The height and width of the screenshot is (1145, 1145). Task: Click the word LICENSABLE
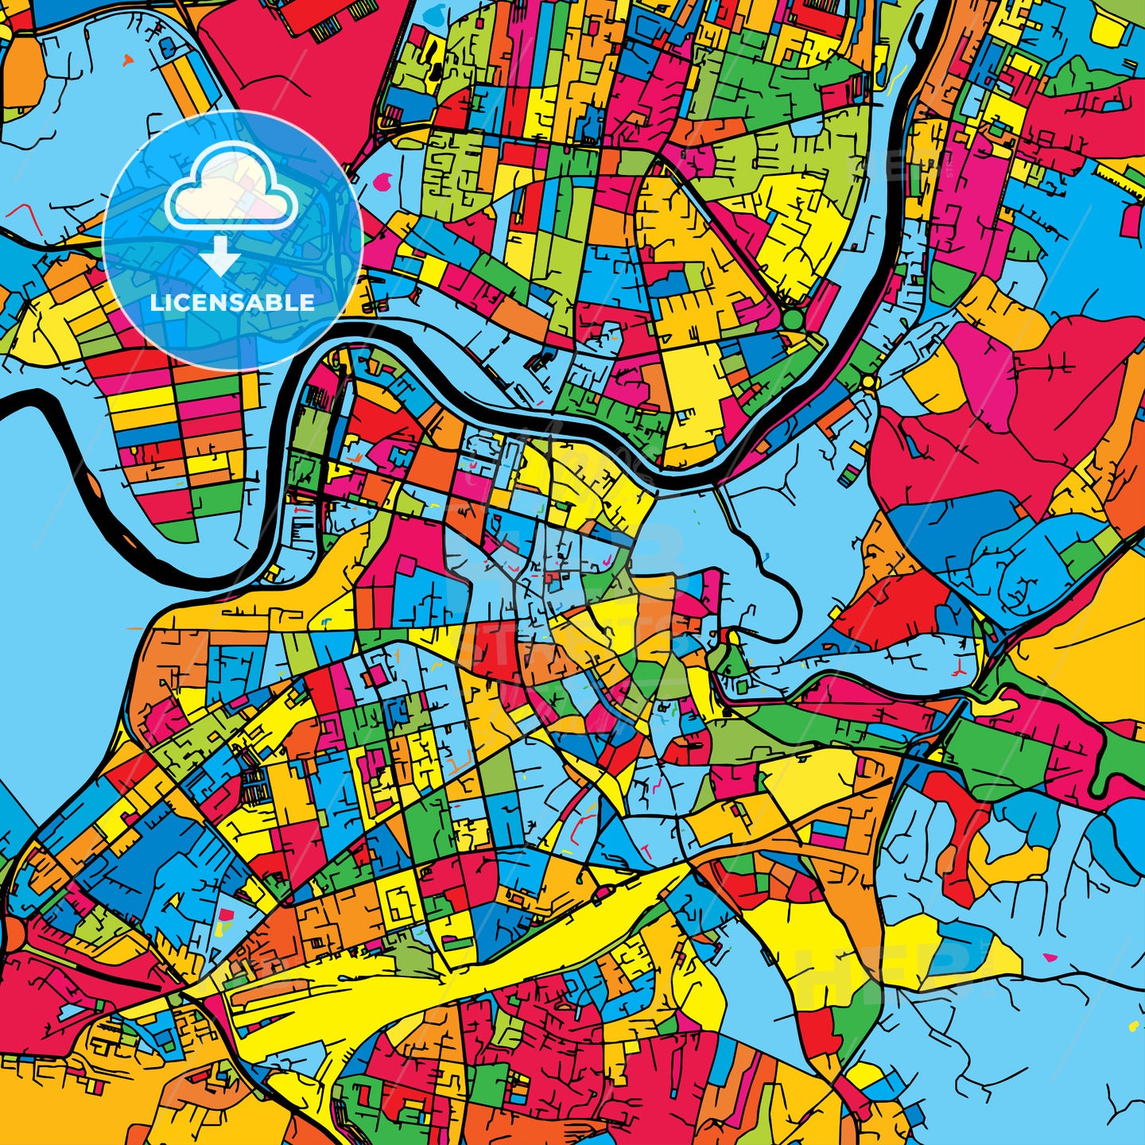pyautogui.click(x=232, y=303)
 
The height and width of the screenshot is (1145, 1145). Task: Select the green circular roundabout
pyautogui.click(x=793, y=320)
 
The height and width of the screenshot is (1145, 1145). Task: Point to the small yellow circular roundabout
pyautogui.click(x=867, y=382)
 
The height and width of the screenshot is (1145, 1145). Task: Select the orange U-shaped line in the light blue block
pyautogui.click(x=456, y=767)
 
